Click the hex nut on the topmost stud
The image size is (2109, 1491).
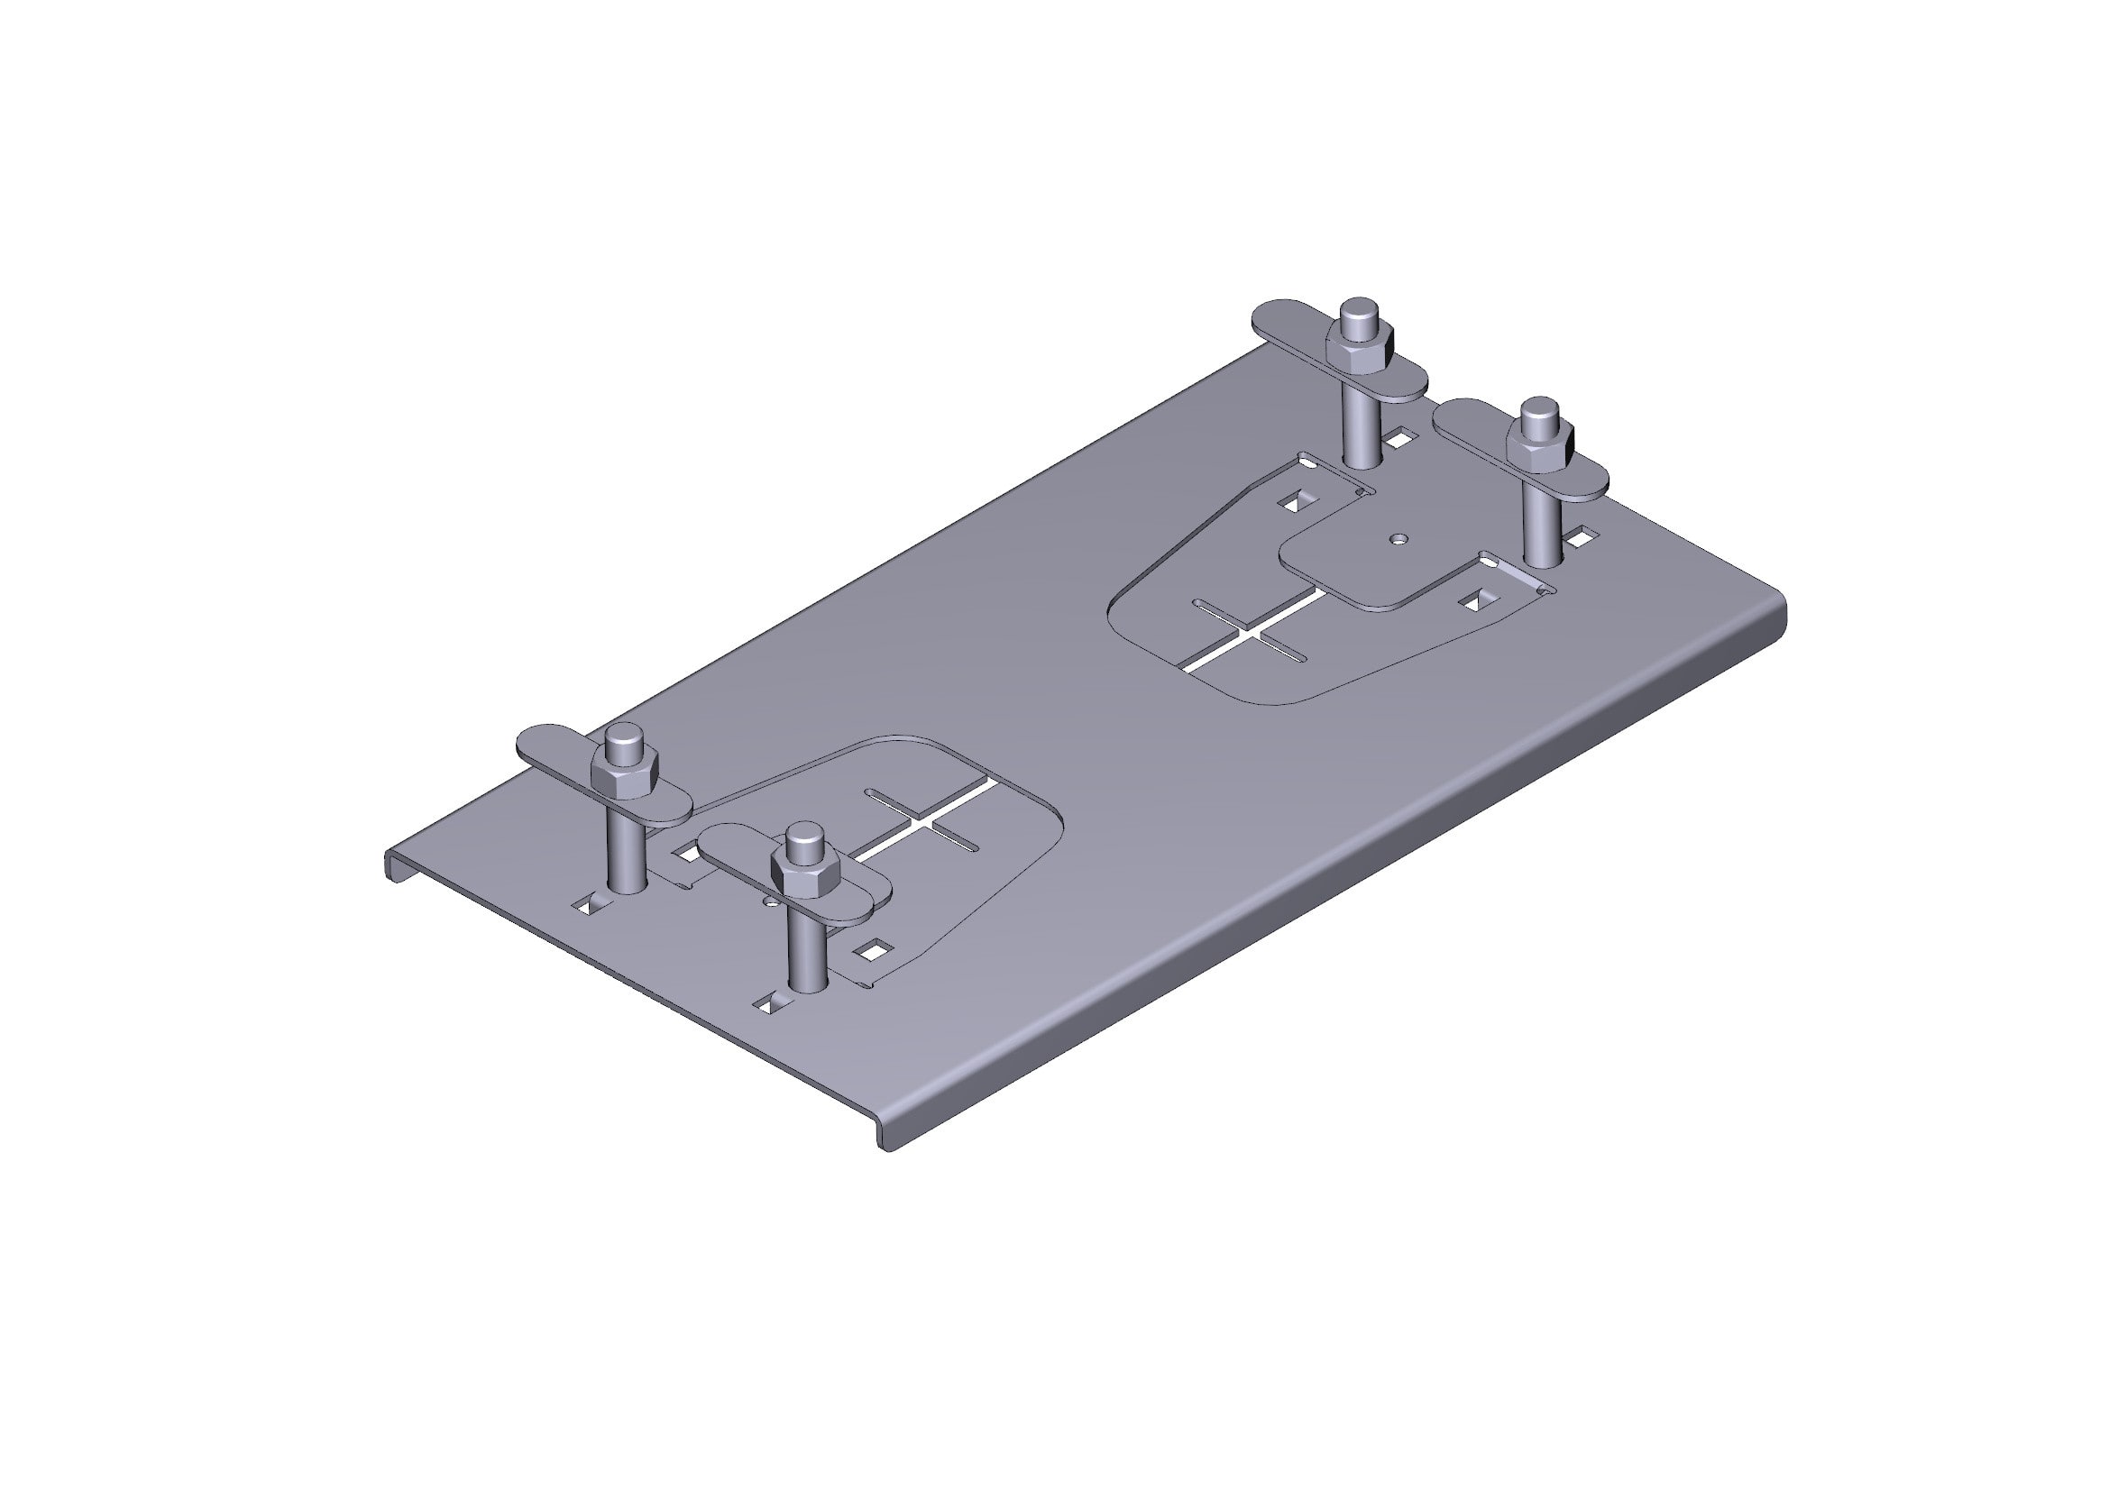pos(1360,349)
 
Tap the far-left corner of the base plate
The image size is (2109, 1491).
pos(390,858)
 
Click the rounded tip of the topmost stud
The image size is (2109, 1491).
pos(1357,312)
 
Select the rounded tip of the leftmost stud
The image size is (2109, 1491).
pos(625,736)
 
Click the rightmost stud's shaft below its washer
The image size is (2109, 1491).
pos(1542,533)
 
